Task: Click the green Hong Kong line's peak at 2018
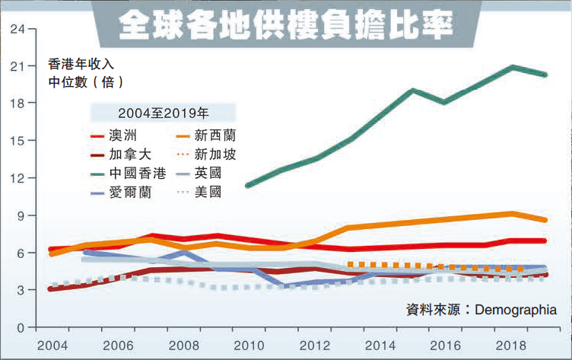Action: (x=513, y=67)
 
